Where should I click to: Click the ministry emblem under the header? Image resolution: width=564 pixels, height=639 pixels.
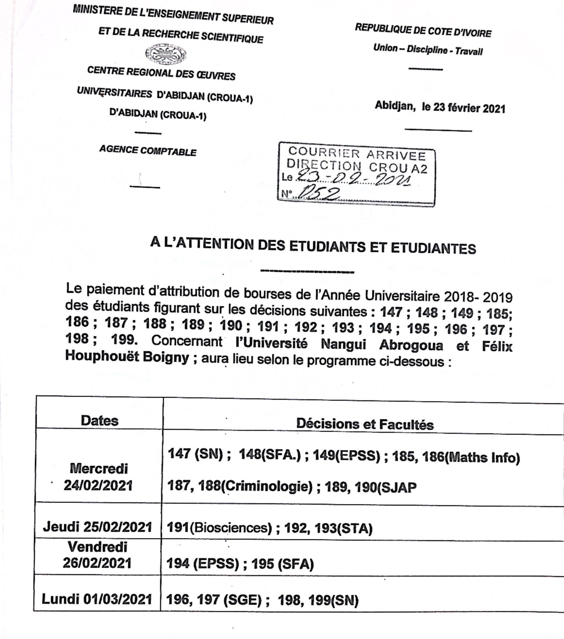[166, 54]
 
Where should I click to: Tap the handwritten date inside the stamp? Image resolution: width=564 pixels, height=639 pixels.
[353, 179]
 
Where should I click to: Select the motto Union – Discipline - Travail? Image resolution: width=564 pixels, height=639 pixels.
[428, 49]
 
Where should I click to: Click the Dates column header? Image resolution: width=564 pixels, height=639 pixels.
[100, 421]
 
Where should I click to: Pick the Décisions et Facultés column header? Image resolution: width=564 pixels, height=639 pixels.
[365, 424]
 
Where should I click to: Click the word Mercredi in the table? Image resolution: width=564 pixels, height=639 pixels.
[99, 468]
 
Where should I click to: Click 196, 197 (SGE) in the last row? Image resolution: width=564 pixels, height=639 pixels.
[214, 600]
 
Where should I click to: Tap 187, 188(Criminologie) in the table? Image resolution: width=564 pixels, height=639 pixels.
[240, 486]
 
